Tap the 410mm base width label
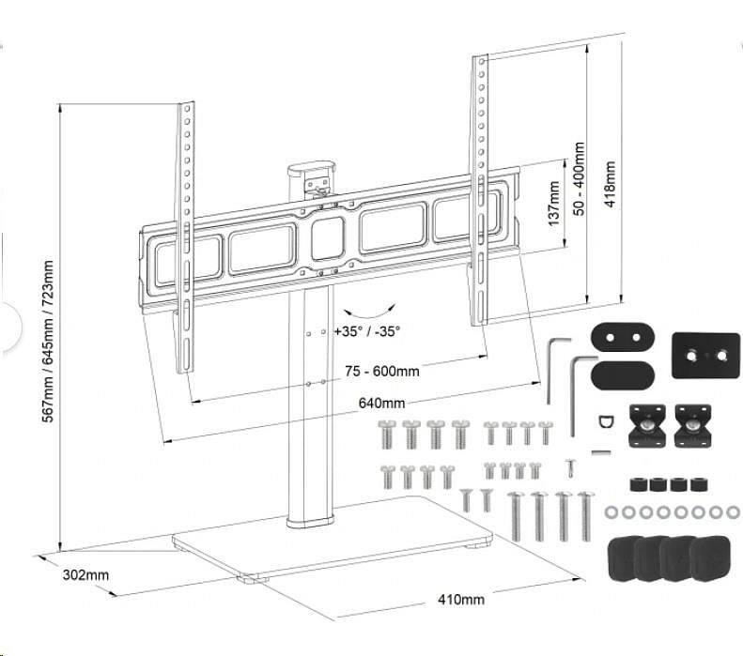[461, 599]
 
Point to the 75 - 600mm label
[380, 372]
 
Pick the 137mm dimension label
[553, 204]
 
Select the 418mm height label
[611, 186]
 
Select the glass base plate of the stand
[333, 542]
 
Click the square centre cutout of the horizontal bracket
[328, 238]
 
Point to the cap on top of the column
[312, 171]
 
